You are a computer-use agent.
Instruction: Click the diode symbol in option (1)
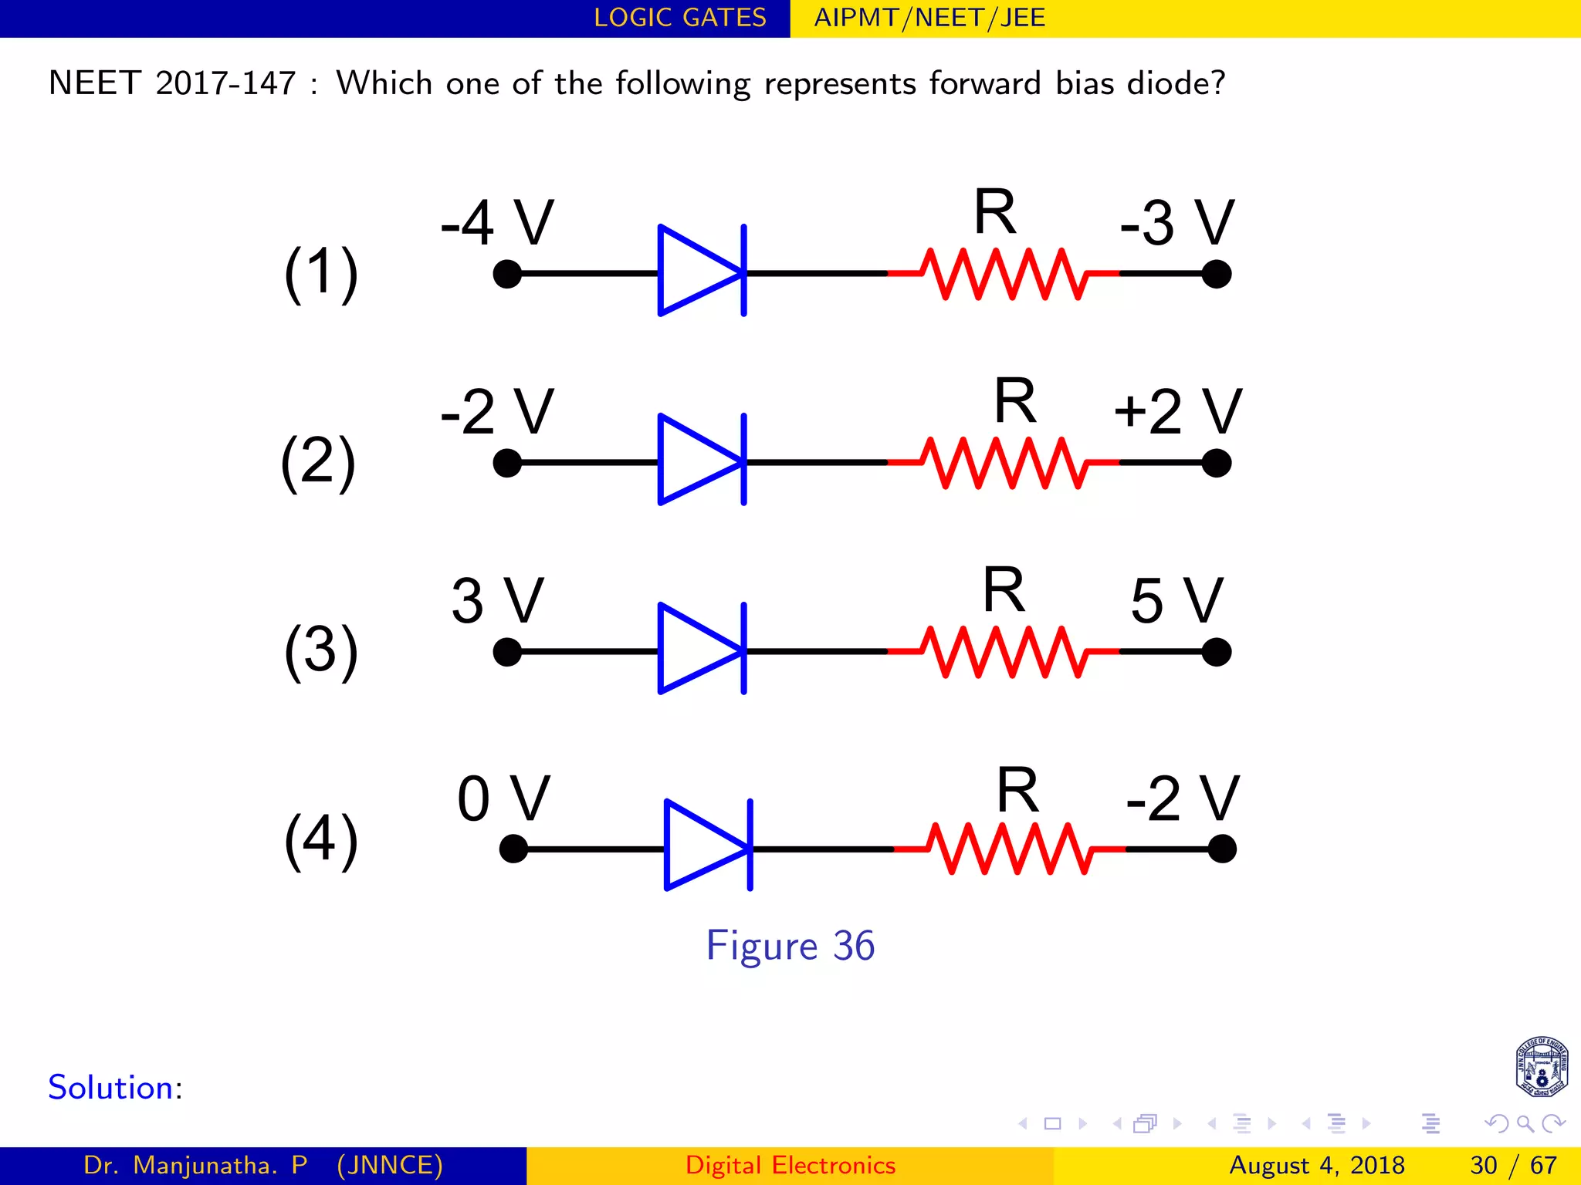click(x=701, y=271)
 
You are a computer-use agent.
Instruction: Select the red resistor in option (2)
click(x=1004, y=463)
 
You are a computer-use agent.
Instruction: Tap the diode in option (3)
click(x=701, y=649)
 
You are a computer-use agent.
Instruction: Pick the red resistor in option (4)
click(x=1010, y=849)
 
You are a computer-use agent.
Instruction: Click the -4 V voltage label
click(x=497, y=223)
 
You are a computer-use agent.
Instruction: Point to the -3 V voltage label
click(x=1176, y=223)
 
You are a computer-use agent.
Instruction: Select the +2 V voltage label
click(x=1176, y=412)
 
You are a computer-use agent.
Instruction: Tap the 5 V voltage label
click(x=1176, y=601)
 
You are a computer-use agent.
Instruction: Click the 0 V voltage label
click(x=503, y=798)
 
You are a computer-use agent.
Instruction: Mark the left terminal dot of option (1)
click(x=507, y=274)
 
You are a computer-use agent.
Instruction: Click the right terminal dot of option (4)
click(x=1222, y=849)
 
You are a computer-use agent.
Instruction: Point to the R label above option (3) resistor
click(x=1004, y=591)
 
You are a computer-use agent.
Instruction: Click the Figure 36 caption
click(x=790, y=946)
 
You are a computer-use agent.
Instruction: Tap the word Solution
click(x=110, y=1088)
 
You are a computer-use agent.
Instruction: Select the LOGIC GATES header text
click(x=680, y=18)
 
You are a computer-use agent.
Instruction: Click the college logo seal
click(x=1541, y=1067)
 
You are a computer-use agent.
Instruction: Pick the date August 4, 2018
click(x=1316, y=1165)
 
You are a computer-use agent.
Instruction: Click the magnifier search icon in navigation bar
click(x=1525, y=1123)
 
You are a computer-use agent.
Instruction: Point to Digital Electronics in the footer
click(x=790, y=1165)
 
